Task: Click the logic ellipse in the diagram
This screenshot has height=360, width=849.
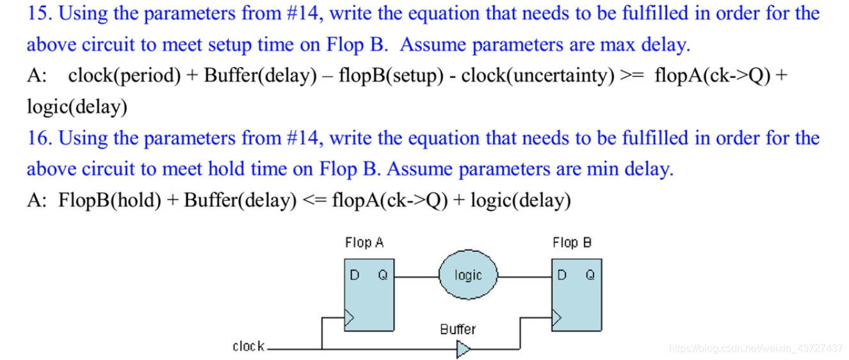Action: tap(468, 275)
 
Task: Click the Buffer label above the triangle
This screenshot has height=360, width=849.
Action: tap(458, 329)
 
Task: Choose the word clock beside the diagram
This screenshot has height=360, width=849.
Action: tap(248, 347)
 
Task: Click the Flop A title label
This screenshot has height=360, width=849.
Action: tap(364, 243)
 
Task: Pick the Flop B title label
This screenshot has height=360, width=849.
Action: tap(572, 243)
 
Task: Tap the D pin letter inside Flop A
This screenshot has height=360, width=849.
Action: tap(353, 275)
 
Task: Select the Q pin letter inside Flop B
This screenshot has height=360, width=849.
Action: tap(590, 275)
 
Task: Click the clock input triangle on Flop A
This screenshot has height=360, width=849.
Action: tap(350, 317)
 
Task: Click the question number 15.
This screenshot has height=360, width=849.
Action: tap(36, 13)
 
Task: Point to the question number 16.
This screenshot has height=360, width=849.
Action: tap(36, 138)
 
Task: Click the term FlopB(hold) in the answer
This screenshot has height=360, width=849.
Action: tap(109, 200)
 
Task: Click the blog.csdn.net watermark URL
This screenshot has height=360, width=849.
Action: tap(756, 348)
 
